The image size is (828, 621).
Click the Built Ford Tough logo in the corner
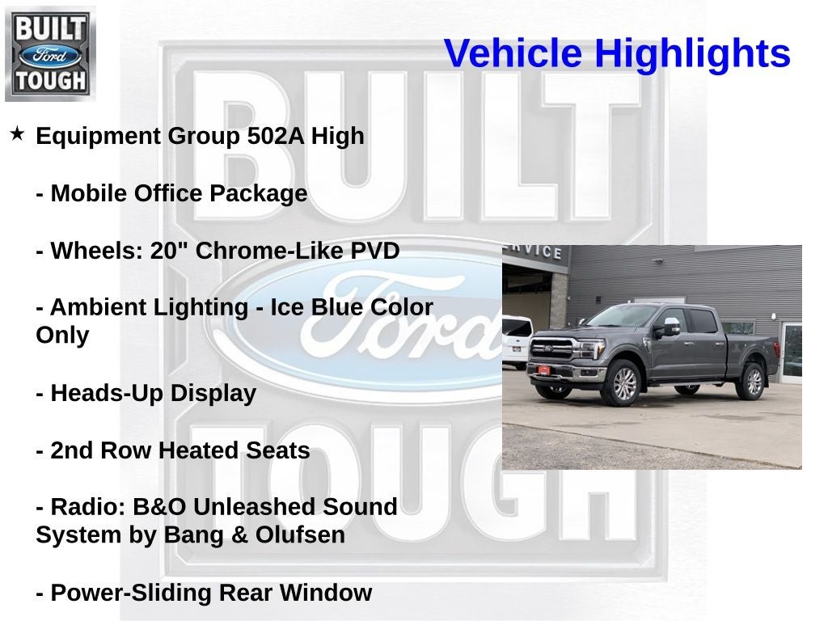pyautogui.click(x=50, y=53)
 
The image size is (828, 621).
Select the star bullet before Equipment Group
pyautogui.click(x=17, y=133)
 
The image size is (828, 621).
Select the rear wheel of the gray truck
pyautogui.click(x=751, y=381)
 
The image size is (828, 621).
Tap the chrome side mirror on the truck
pyautogui.click(x=670, y=327)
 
